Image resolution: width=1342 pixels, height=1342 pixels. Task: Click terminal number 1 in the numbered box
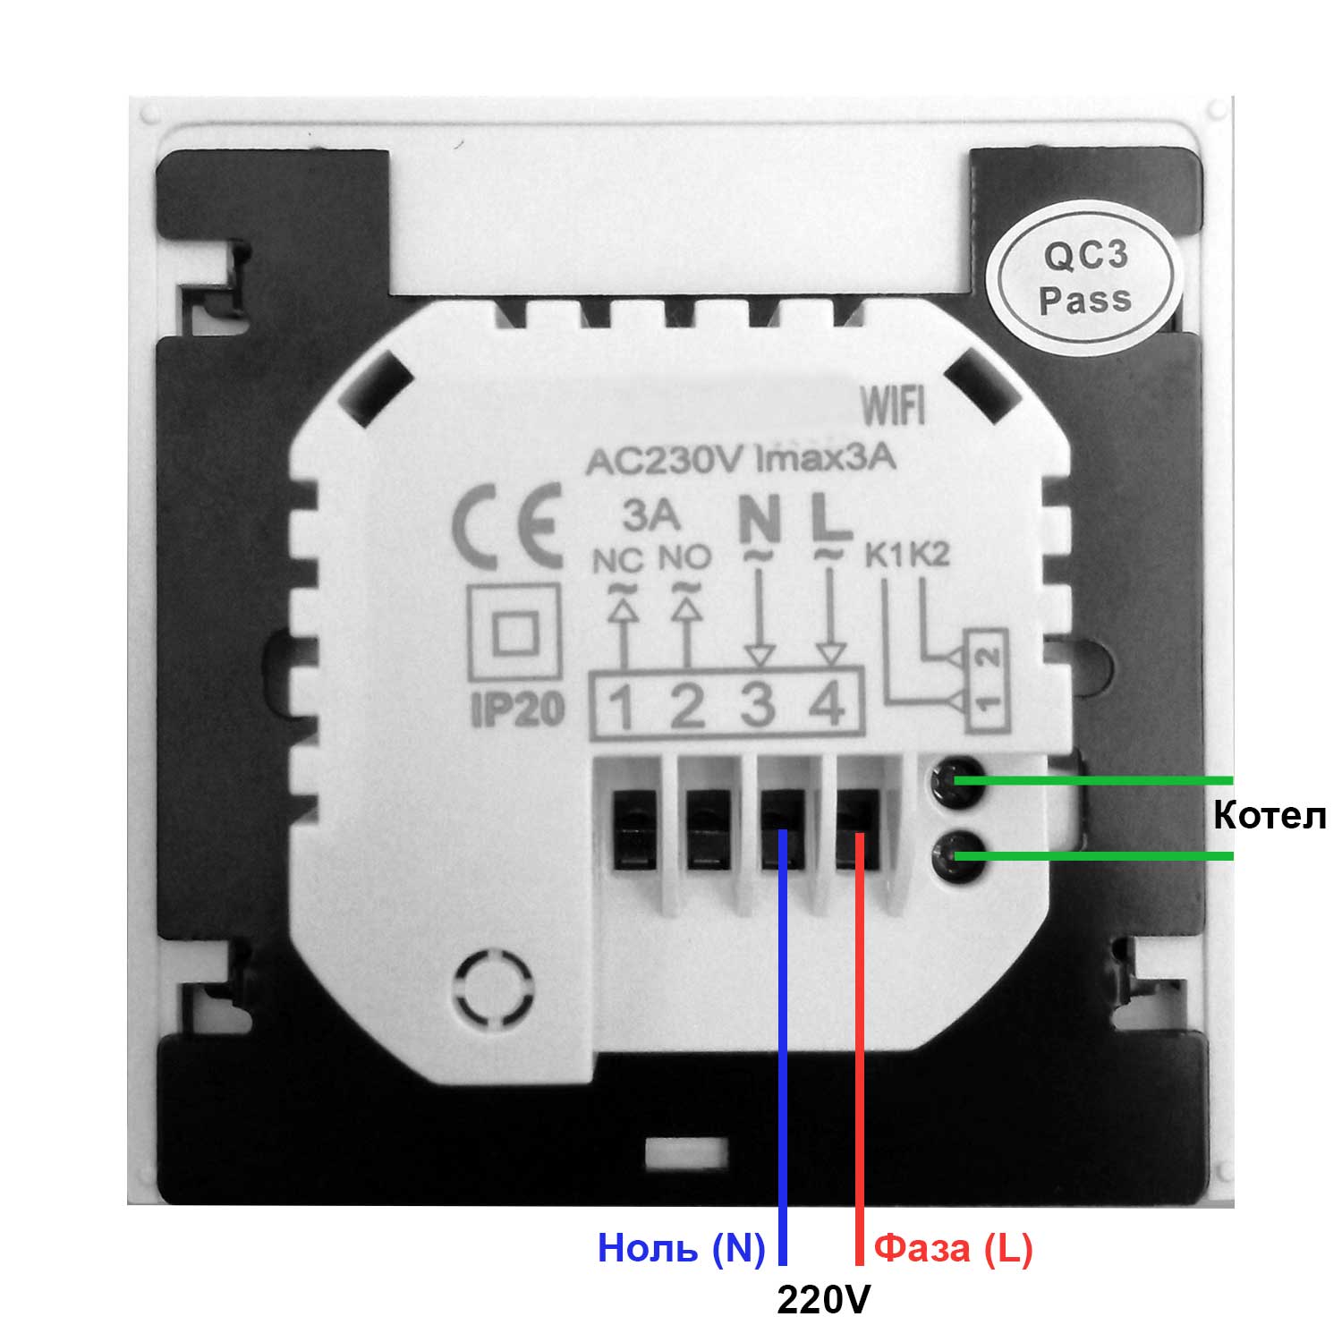click(622, 708)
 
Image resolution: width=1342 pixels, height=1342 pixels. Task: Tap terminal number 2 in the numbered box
click(687, 708)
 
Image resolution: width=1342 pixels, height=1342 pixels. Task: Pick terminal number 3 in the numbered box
click(758, 706)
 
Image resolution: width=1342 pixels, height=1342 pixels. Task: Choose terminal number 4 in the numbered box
click(828, 706)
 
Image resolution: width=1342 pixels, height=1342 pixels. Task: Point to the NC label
click(618, 561)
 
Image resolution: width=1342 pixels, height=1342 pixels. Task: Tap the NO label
click(684, 559)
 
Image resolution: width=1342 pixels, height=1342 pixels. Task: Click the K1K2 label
click(905, 556)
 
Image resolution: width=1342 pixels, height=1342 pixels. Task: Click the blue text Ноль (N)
click(681, 1247)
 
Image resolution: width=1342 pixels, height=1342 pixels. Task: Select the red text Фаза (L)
click(953, 1247)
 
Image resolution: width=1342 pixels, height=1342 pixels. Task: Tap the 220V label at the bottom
click(822, 1300)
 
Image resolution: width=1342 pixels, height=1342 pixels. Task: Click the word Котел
click(1269, 816)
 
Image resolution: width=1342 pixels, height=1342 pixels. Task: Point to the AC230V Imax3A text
click(740, 462)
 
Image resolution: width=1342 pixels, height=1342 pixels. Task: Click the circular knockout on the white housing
click(496, 990)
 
